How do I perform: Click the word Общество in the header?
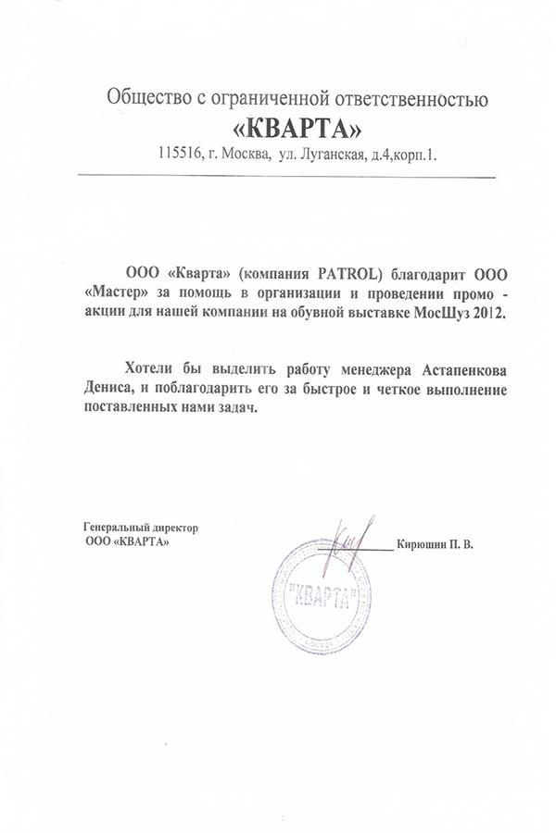click(x=145, y=95)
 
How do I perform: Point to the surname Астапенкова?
click(x=462, y=369)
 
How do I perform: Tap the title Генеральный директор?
click(x=141, y=528)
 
